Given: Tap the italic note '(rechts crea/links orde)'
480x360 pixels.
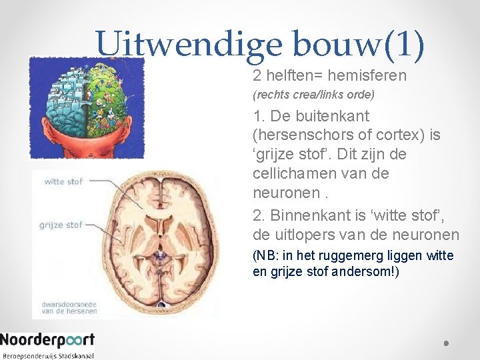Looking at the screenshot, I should click(x=313, y=95).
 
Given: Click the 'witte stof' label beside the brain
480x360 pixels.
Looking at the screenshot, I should click(x=63, y=181).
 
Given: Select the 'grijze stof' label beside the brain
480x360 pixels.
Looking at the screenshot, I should click(x=61, y=225).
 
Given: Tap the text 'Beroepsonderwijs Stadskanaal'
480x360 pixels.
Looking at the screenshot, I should click(x=47, y=355).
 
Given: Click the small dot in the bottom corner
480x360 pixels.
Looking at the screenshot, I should click(x=445, y=343).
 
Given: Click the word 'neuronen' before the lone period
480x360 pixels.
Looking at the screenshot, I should click(x=279, y=193).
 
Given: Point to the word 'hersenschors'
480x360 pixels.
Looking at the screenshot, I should click(x=300, y=135).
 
